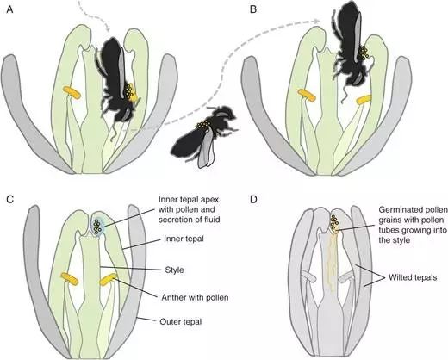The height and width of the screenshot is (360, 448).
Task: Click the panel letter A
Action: [x=9, y=9]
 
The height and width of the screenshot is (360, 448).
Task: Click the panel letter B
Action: [x=253, y=9]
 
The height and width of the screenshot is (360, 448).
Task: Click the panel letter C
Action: [x=10, y=199]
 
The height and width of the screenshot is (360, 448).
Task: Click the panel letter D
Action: [x=253, y=199]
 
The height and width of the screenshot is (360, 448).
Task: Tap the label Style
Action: [x=174, y=270]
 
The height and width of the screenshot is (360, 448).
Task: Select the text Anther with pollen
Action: [x=195, y=297]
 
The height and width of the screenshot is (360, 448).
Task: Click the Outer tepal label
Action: [x=181, y=322]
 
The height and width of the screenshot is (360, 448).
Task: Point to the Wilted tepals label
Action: [x=413, y=277]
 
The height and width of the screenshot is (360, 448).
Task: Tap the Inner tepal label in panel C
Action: [x=184, y=239]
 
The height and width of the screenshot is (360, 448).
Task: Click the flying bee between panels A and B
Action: [x=204, y=135]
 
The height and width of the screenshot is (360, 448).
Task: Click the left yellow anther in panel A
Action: [x=72, y=93]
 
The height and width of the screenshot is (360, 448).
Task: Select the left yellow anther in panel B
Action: [x=307, y=96]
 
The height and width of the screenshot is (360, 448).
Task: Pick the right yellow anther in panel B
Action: [x=364, y=100]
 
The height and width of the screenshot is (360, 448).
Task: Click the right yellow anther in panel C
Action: [x=109, y=280]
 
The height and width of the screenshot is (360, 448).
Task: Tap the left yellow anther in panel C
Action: [x=70, y=279]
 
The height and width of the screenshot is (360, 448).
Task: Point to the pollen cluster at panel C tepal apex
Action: [x=97, y=226]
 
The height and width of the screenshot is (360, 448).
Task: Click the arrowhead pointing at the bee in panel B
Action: [x=316, y=22]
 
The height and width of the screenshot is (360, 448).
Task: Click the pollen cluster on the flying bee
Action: [x=202, y=124]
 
